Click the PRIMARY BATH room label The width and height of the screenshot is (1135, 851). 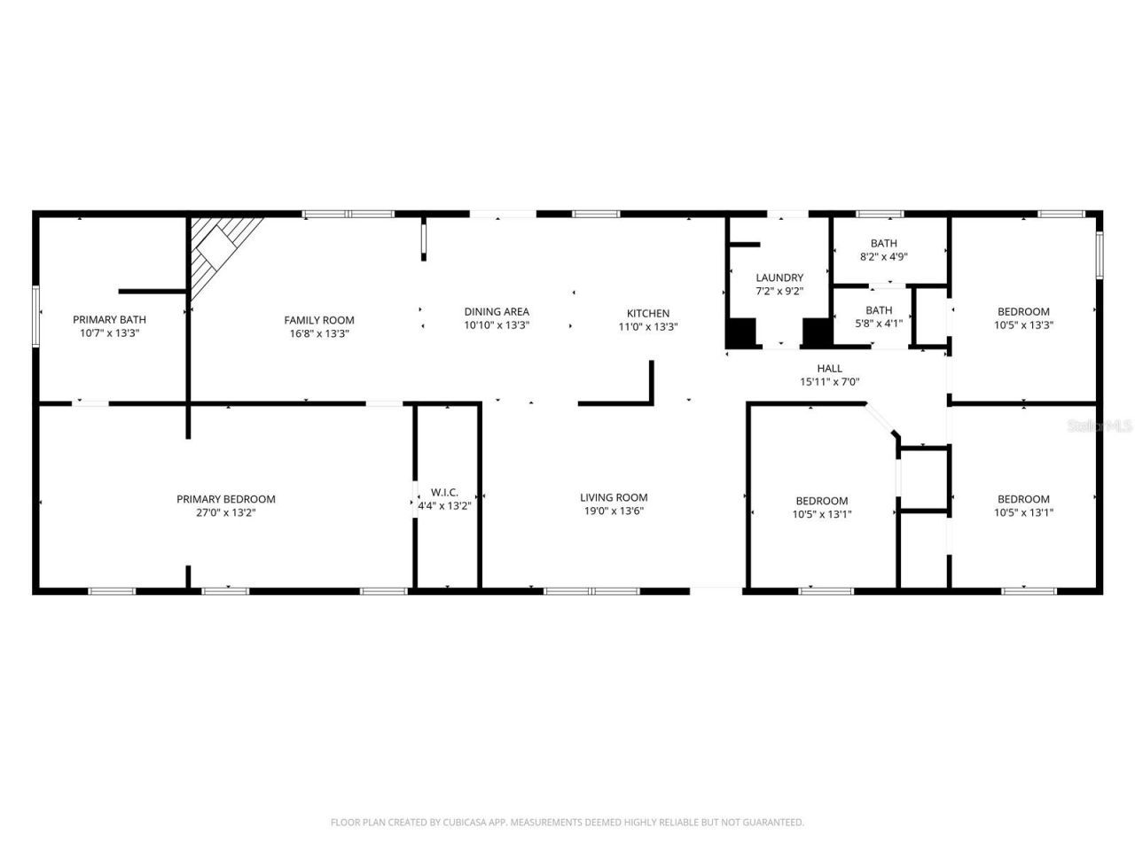(x=109, y=319)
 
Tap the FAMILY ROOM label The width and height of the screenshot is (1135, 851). (x=319, y=320)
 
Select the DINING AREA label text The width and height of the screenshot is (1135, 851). (x=497, y=312)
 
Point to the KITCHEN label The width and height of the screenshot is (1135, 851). (x=648, y=313)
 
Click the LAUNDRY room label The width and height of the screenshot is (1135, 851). (x=779, y=277)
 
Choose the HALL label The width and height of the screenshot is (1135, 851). (x=830, y=369)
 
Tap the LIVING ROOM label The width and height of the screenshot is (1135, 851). (x=614, y=497)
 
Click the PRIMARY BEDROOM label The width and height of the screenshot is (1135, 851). (x=225, y=499)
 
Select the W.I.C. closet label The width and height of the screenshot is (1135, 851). (x=444, y=492)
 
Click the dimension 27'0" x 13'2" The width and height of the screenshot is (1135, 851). (x=225, y=512)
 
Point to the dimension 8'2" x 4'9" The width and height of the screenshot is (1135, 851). (x=883, y=257)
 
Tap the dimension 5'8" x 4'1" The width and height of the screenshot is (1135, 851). (x=879, y=324)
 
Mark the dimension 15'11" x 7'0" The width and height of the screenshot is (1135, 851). (x=830, y=382)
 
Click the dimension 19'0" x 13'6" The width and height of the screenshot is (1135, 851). (x=614, y=511)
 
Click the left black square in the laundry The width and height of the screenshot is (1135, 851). (x=741, y=332)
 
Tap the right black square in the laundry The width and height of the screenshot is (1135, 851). (x=817, y=332)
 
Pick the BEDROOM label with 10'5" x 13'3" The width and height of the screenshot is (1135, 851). (x=1023, y=311)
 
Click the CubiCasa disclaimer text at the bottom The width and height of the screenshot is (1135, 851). (x=567, y=823)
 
